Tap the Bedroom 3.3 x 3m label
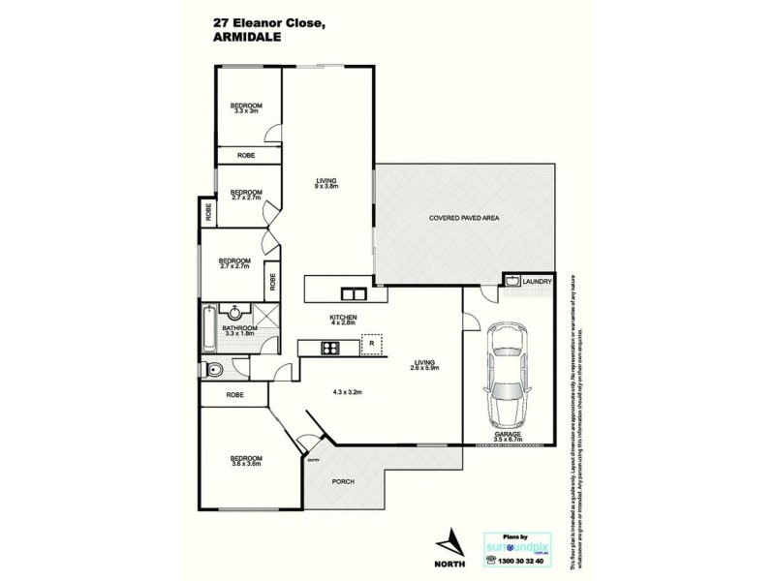click(246, 107)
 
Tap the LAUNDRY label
click(537, 282)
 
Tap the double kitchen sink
click(350, 293)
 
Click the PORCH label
click(343, 481)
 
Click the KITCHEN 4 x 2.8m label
click(344, 321)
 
